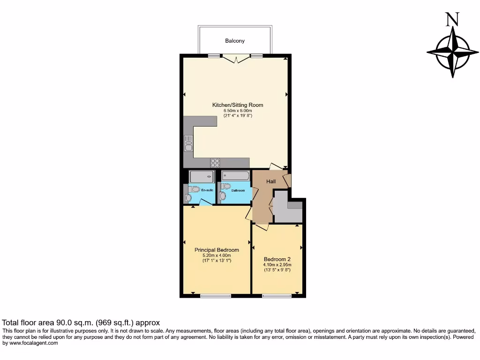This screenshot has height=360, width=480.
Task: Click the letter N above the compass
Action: (452, 19)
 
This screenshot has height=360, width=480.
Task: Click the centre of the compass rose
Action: (453, 52)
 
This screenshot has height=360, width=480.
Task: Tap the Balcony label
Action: (235, 41)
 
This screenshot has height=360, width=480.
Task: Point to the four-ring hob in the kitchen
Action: (215, 163)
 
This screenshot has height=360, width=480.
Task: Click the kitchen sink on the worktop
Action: (188, 143)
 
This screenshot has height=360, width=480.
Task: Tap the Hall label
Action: (271, 181)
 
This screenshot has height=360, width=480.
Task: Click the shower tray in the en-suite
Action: (202, 177)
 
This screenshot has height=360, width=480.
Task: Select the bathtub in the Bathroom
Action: (236, 176)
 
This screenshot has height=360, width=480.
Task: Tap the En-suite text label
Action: (207, 190)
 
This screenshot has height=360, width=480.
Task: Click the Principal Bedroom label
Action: (217, 250)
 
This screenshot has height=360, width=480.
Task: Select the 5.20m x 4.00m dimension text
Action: (217, 255)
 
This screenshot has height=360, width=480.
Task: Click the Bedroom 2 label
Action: (277, 259)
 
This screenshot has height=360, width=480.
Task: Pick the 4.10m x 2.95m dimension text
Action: (277, 265)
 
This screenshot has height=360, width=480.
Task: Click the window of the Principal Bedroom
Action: (215, 296)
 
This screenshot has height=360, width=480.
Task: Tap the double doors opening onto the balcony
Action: (236, 59)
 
